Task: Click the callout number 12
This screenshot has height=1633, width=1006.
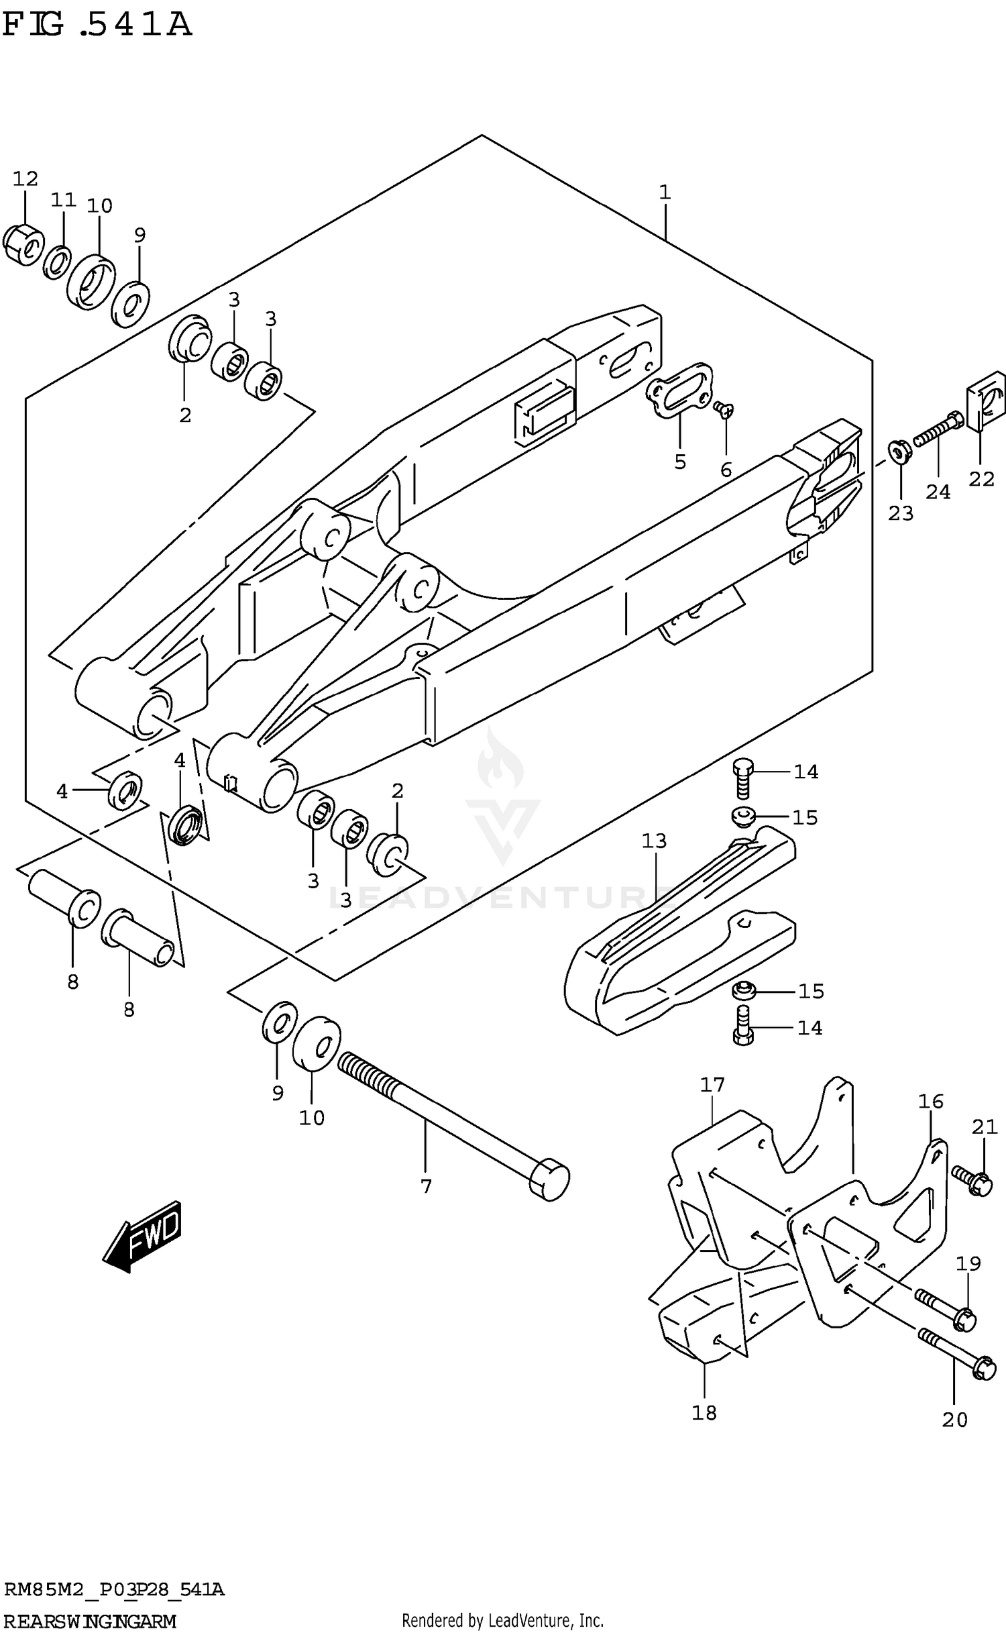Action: (x=25, y=179)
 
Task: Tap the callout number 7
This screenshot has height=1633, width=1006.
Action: (x=426, y=1187)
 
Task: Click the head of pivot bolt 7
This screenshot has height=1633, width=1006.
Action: (x=549, y=1179)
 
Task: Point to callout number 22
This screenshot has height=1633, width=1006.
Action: (x=981, y=479)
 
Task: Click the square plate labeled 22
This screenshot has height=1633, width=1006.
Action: (x=986, y=401)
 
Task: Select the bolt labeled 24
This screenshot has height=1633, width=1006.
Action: (x=938, y=430)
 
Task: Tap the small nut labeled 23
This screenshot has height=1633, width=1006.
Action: (x=899, y=451)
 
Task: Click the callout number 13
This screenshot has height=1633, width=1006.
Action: (x=654, y=841)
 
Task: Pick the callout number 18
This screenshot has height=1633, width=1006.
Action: (x=704, y=1413)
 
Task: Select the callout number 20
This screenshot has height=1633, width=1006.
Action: (x=954, y=1420)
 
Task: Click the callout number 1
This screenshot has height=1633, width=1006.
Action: (x=664, y=193)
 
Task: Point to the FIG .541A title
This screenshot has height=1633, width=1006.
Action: (x=97, y=25)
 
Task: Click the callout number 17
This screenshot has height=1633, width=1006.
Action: (x=712, y=1085)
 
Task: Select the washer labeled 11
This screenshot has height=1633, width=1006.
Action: (x=58, y=263)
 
